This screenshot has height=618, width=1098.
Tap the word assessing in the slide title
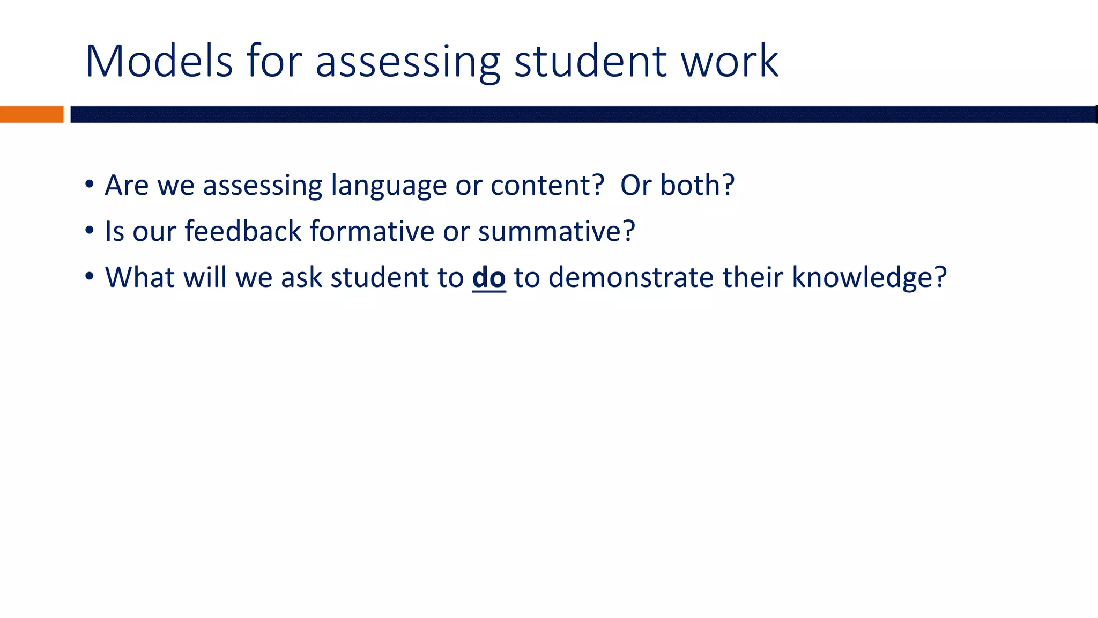coord(407,62)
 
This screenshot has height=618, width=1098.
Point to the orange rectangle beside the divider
coord(32,114)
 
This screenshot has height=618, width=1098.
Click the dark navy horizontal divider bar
coord(583,114)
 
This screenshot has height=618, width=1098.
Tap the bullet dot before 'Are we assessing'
coord(90,185)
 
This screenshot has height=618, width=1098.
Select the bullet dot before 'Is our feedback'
coord(90,231)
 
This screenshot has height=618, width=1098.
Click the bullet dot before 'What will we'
coord(90,277)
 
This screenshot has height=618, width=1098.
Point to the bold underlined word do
coord(488,277)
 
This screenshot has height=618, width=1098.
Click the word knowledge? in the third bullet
coord(869,278)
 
